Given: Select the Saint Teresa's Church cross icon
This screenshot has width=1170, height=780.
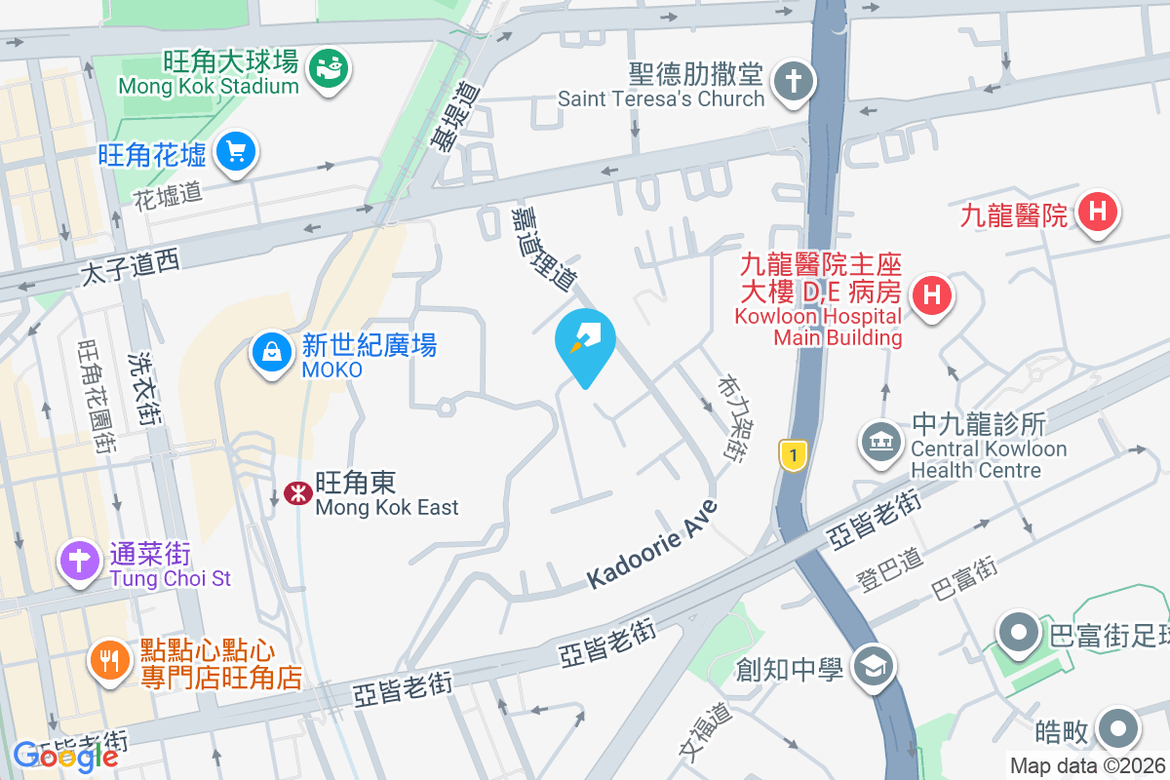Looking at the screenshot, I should click(x=795, y=81).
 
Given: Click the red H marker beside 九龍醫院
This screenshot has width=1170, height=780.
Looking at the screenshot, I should click(x=1098, y=211).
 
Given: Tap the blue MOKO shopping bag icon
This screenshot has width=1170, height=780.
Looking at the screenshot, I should click(x=272, y=351).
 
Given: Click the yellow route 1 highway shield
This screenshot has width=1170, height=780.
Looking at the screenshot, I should click(x=793, y=455).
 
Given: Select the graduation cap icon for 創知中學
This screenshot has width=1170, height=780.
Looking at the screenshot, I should click(x=869, y=667).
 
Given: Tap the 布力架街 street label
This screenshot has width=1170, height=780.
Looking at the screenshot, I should click(x=732, y=417).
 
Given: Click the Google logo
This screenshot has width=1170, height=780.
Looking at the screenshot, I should click(x=65, y=756).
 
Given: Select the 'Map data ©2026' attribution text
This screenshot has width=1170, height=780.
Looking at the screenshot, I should click(x=1087, y=766).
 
